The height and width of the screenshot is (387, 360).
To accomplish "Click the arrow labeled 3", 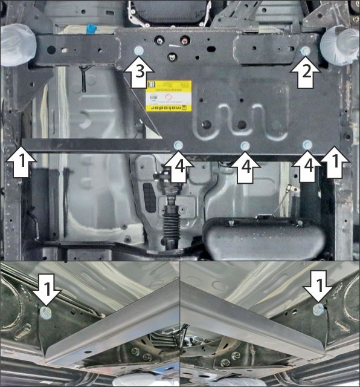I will point(138,73).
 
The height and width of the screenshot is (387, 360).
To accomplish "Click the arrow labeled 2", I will point(306,73).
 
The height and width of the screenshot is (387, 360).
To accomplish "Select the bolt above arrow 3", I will point(138,50).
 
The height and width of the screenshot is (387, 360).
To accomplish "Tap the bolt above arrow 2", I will point(306,51).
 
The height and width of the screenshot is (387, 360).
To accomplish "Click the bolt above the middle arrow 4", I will point(245,146).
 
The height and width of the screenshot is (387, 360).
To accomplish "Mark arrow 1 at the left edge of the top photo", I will point(22,162).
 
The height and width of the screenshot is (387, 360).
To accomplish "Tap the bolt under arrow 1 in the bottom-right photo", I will point(318,310).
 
